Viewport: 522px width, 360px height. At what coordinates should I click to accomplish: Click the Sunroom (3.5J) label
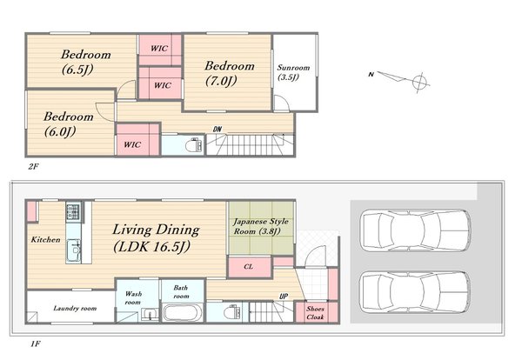click(x=293, y=72)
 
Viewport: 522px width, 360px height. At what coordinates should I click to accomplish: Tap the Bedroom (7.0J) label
click(x=230, y=73)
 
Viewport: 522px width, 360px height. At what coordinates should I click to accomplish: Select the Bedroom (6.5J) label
click(x=85, y=62)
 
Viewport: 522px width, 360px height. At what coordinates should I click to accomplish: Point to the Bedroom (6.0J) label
click(x=68, y=124)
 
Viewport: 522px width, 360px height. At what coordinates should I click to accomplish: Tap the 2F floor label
click(x=33, y=167)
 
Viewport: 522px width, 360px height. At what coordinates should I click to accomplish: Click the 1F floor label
click(x=36, y=343)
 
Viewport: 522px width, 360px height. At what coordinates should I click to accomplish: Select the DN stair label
click(x=217, y=129)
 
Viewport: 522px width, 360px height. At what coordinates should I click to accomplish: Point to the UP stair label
click(x=284, y=297)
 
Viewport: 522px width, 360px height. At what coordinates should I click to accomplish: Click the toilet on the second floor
click(x=193, y=145)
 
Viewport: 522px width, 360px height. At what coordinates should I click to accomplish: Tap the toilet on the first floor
click(x=232, y=312)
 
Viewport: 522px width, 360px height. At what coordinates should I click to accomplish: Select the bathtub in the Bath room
click(x=183, y=312)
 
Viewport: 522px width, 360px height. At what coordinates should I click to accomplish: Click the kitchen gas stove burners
click(x=73, y=211)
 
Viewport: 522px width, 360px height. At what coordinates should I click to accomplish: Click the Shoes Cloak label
click(x=315, y=313)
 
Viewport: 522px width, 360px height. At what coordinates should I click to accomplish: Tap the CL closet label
click(x=248, y=266)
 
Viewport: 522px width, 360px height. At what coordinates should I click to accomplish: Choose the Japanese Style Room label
click(x=261, y=226)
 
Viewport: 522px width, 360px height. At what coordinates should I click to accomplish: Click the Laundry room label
click(x=75, y=309)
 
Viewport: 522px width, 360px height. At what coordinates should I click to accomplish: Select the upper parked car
click(x=416, y=230)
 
